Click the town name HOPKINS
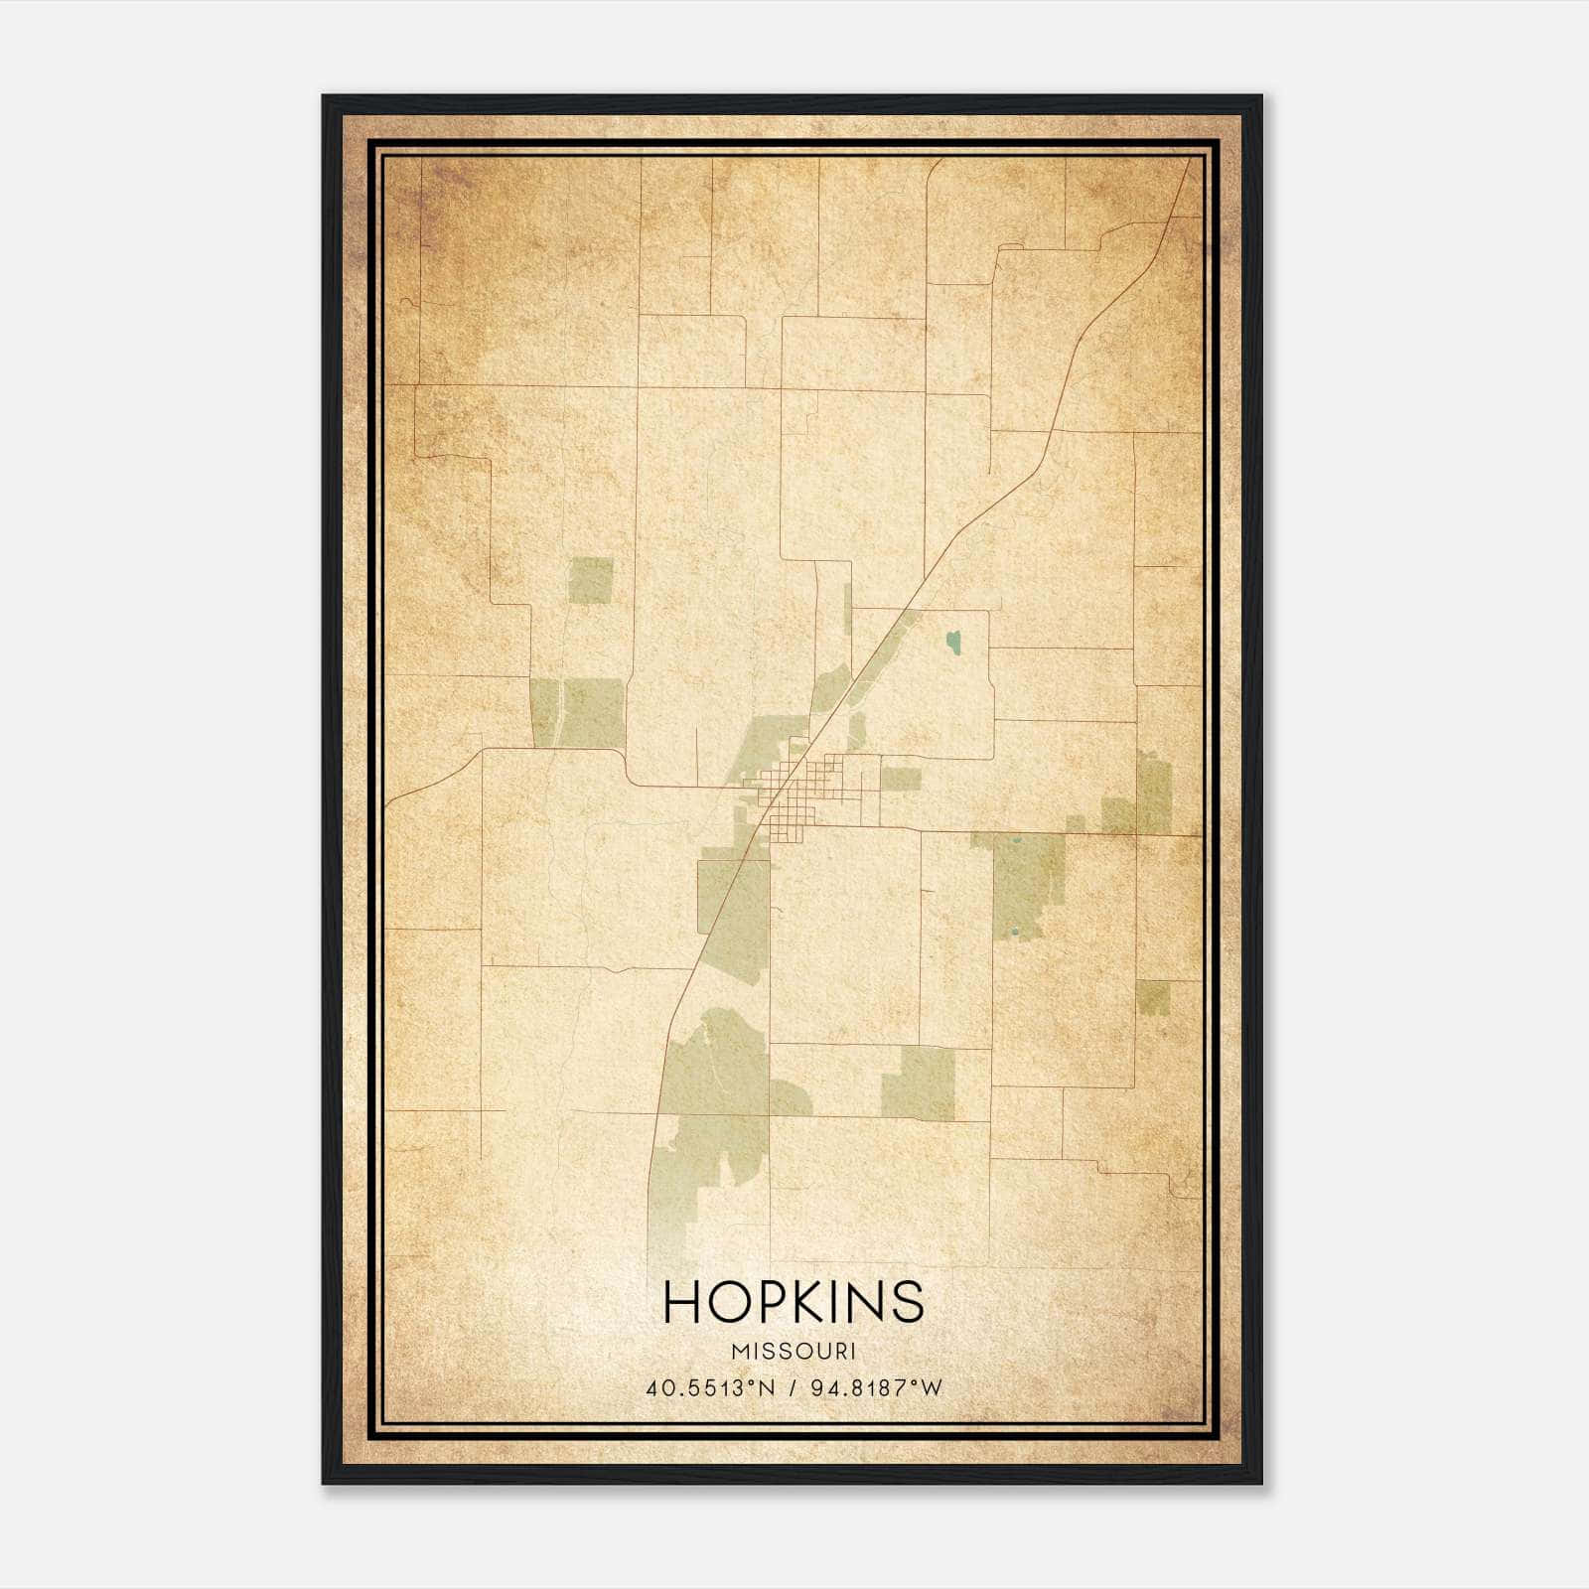pyautogui.click(x=793, y=1301)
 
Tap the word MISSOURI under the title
pyautogui.click(x=793, y=1351)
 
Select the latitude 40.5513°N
pyautogui.click(x=709, y=1388)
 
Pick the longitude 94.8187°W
pyautogui.click(x=876, y=1388)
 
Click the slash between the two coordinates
pyautogui.click(x=793, y=1388)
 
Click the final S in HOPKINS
pyautogui.click(x=908, y=1301)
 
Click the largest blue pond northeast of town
pyautogui.click(x=954, y=642)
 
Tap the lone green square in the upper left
pyautogui.click(x=591, y=580)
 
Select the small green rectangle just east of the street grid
pyautogui.click(x=902, y=780)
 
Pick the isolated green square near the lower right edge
pyautogui.click(x=1153, y=996)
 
